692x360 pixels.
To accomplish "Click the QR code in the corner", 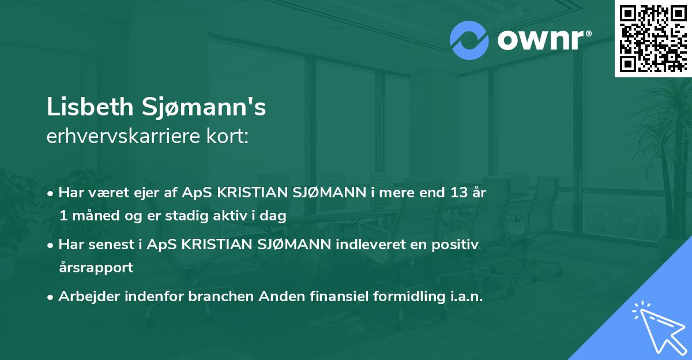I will pos(653,39).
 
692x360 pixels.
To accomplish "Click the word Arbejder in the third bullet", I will pos(85,296).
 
